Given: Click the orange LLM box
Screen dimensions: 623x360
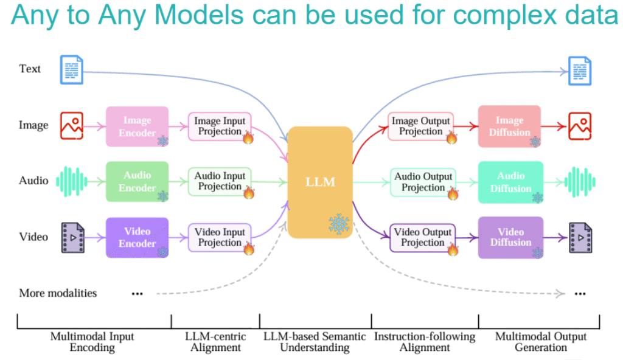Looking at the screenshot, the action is (320, 182).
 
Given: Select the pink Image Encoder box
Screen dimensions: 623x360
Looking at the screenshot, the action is (137, 126).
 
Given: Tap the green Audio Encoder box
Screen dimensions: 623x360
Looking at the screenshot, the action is (137, 182).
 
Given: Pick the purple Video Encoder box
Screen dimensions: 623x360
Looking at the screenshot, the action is (137, 237).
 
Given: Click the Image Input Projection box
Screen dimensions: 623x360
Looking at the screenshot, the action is (220, 126).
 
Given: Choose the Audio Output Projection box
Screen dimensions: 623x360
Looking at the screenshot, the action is (423, 182).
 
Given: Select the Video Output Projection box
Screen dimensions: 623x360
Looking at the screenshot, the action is (423, 238).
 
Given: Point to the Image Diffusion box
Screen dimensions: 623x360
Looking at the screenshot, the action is (509, 126).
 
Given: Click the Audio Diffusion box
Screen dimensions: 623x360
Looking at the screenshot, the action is (510, 182).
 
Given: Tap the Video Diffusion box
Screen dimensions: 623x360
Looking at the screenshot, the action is (510, 237).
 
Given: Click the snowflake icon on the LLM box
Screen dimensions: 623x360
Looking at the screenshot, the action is (339, 224).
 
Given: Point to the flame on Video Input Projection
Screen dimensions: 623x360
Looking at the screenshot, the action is (249, 248).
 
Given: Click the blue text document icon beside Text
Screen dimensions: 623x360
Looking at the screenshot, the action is (72, 69).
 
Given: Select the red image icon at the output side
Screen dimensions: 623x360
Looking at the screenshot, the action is (580, 126).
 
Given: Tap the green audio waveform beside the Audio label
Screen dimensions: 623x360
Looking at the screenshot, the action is (72, 182).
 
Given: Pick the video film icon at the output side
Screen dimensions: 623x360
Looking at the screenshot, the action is (580, 238).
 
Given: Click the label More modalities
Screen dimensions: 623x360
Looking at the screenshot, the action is (58, 293).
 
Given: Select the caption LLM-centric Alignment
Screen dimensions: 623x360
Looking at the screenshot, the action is (215, 342).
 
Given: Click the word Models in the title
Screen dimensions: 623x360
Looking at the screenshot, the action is (199, 15).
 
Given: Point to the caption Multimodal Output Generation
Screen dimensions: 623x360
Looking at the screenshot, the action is (541, 342).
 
